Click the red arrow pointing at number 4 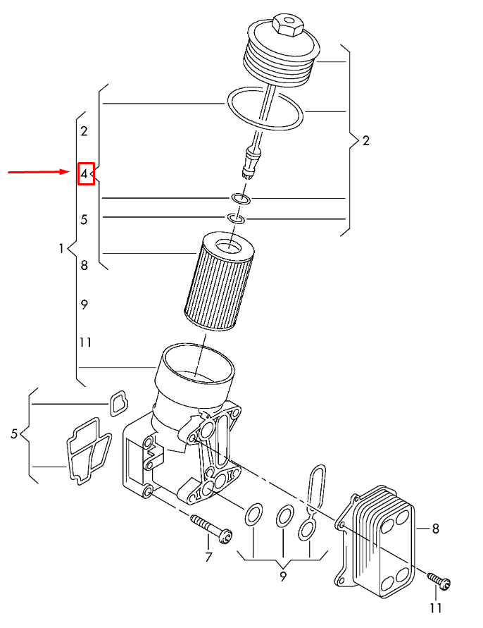pos(39,172)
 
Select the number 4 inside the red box pos(84,173)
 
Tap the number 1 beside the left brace pos(62,248)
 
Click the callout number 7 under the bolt pos(208,558)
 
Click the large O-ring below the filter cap pos(265,109)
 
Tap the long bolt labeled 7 pos(211,529)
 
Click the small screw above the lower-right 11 pos(439,581)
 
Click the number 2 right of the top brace pos(365,140)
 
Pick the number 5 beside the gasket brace pos(14,434)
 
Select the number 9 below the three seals pos(282,577)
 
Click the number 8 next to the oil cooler pos(435,527)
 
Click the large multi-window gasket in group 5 pos(87,450)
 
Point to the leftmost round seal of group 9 pos(253,515)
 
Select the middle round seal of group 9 pos(284,516)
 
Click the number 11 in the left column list pos(85,343)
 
